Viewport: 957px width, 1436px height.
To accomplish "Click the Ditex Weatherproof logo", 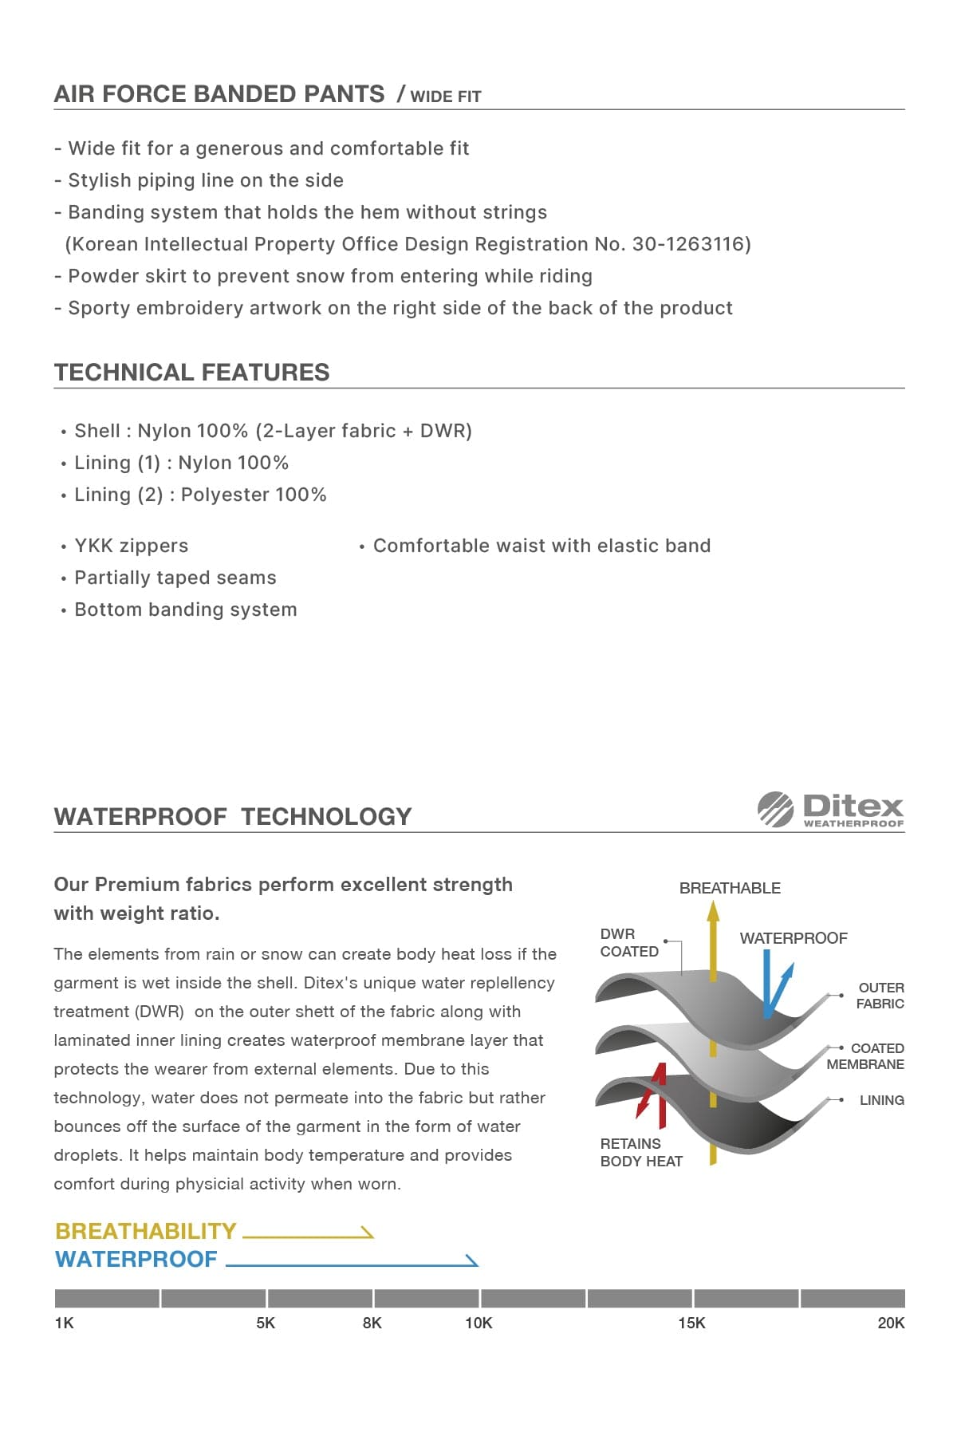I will click(830, 810).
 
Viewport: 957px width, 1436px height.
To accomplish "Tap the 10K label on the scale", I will click(478, 1323).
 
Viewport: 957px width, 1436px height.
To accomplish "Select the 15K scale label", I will click(691, 1323).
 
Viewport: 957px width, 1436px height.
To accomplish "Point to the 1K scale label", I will click(64, 1323).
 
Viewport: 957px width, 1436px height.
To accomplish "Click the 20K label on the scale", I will click(891, 1323).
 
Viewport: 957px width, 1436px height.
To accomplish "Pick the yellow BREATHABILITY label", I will click(146, 1231).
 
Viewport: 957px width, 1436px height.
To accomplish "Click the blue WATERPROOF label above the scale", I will click(136, 1259).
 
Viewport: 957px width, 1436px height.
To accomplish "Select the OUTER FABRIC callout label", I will click(880, 996).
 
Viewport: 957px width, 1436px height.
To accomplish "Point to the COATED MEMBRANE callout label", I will click(866, 1056).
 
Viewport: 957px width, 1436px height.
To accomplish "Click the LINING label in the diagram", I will click(881, 1100).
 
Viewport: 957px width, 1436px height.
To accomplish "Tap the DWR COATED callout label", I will click(628, 942).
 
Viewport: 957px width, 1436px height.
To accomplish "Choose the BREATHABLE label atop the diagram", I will click(730, 888).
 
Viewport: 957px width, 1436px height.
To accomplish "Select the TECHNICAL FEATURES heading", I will click(191, 373).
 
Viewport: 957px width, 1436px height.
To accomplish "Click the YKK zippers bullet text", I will click(131, 546).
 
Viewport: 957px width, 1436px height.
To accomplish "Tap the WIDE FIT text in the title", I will click(445, 97).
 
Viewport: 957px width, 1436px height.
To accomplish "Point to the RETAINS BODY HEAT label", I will click(641, 1152).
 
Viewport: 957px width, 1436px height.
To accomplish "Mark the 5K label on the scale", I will click(266, 1323).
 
